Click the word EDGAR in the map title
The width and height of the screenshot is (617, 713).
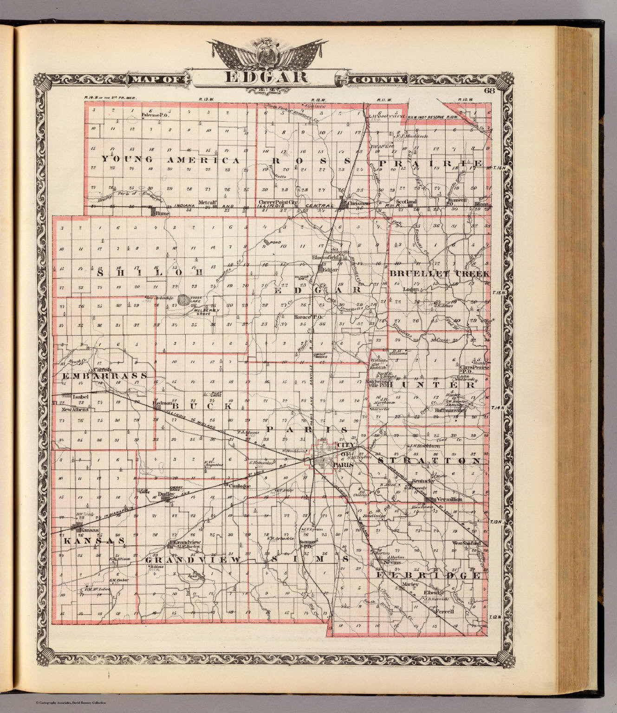[266, 77]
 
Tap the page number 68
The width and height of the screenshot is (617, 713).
[488, 91]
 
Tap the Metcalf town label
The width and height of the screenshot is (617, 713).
[208, 202]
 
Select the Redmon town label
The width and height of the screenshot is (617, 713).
[163, 403]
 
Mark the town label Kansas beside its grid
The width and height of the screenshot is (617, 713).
[90, 530]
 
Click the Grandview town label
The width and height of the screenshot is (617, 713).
[188, 542]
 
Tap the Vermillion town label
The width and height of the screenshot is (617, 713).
[449, 499]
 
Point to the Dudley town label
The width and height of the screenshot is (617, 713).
[165, 494]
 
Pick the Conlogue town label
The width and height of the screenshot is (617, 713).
[240, 486]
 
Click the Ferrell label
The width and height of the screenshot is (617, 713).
[444, 612]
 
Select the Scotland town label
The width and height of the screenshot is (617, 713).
[405, 202]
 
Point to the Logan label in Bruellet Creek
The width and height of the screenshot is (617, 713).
[410, 289]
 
